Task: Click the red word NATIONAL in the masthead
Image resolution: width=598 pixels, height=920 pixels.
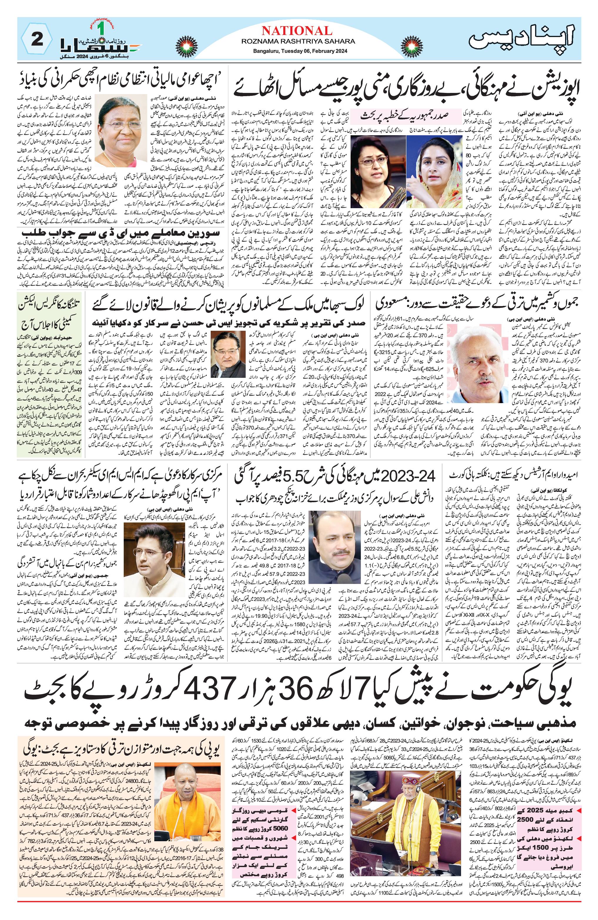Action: coord(297,31)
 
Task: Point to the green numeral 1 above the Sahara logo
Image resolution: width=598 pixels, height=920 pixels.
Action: coord(101,28)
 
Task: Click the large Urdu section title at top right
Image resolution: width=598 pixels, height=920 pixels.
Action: coord(522,38)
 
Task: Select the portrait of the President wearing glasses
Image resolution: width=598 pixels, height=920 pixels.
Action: coord(120,130)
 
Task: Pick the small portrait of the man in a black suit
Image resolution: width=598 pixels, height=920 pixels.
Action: coord(228,355)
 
